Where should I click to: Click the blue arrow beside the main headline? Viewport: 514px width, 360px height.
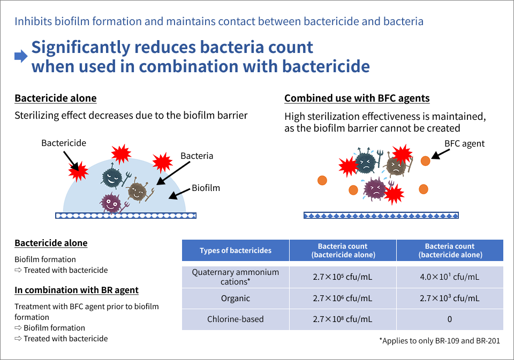click(21, 56)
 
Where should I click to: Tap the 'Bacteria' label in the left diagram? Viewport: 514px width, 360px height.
click(196, 156)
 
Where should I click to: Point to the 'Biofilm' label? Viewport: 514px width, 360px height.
click(206, 188)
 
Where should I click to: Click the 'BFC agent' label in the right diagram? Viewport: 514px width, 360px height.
click(464, 143)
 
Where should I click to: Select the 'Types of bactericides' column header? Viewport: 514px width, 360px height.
click(236, 250)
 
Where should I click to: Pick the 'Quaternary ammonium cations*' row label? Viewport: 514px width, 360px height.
click(236, 277)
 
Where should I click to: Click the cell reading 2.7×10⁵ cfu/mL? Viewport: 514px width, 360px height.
click(343, 277)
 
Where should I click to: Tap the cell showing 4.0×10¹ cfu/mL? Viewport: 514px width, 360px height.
click(449, 277)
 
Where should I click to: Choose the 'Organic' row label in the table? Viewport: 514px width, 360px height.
click(236, 298)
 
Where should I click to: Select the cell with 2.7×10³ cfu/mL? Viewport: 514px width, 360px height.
click(449, 298)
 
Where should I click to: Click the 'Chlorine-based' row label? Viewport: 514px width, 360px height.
click(236, 319)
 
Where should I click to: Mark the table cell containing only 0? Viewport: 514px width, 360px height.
click(449, 319)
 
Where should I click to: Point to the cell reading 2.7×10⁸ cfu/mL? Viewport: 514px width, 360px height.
click(343, 319)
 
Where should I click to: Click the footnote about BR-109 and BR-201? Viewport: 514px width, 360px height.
click(440, 341)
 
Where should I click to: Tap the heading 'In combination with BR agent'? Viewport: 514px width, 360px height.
click(77, 290)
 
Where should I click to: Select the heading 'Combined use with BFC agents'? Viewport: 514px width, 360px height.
click(357, 98)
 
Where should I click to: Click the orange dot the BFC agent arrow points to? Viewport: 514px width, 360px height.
click(425, 161)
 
